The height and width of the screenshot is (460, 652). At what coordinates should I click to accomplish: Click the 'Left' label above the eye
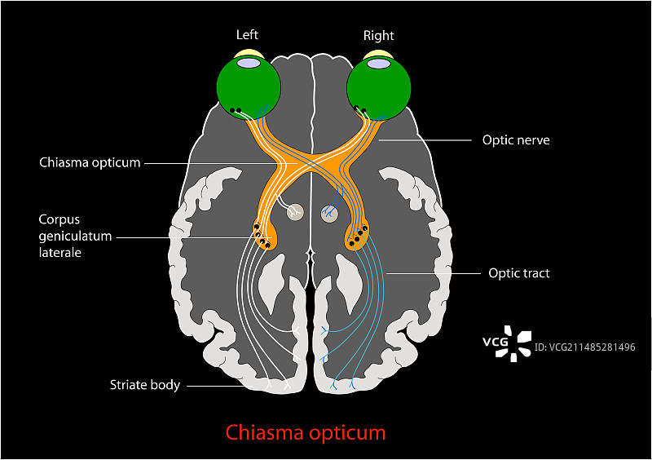pos(247,34)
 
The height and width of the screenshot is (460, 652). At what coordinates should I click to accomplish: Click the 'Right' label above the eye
pos(378,35)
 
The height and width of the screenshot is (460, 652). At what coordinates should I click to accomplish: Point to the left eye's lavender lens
pos(249,61)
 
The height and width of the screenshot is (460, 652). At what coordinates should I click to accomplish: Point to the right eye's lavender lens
pos(379,61)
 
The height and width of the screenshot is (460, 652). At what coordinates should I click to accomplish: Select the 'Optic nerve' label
pos(516,140)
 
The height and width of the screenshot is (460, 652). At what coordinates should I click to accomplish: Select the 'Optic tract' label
pos(518,273)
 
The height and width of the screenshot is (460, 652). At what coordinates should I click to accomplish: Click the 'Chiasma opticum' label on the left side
pos(90,162)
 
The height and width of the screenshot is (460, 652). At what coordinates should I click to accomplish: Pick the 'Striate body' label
pos(145,384)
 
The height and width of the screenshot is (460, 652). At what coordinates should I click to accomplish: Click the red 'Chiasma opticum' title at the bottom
pos(306,431)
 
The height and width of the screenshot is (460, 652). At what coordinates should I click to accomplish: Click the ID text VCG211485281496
pos(584,347)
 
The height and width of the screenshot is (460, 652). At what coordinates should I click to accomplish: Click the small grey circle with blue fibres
pos(331,213)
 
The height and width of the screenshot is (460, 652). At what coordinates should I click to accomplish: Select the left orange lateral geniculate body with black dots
pos(266,235)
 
